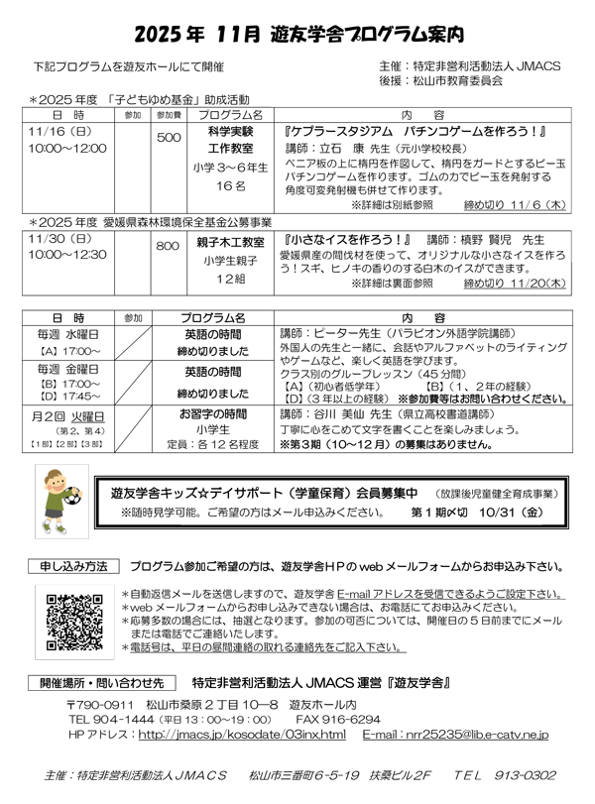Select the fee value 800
[168, 244]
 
